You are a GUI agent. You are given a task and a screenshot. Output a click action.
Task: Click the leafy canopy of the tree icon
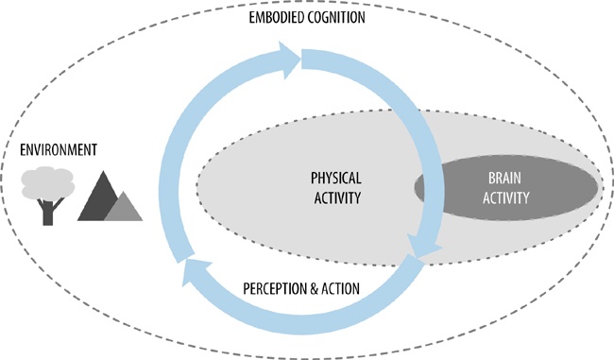pyautogui.click(x=47, y=180)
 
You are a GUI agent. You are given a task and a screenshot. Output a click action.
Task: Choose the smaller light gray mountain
pyautogui.click(x=123, y=207)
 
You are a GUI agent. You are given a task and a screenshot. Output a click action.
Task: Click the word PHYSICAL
pyautogui.click(x=336, y=178)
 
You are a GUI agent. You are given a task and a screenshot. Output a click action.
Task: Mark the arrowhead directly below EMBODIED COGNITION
pyautogui.click(x=289, y=61)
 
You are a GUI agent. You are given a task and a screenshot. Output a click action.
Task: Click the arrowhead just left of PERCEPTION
pyautogui.click(x=193, y=275)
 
